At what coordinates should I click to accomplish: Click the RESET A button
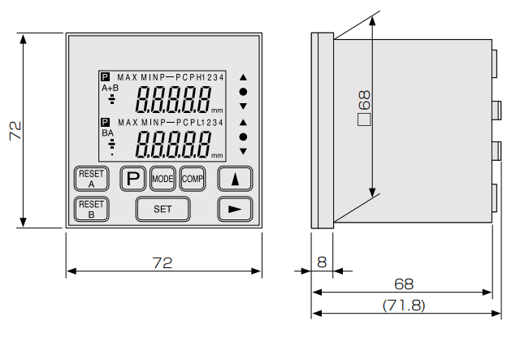coord(91,178)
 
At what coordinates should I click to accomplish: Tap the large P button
coord(133,178)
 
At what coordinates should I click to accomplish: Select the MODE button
coord(162,178)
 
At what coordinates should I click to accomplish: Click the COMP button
coord(193,178)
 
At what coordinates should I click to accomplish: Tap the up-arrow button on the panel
coord(235,179)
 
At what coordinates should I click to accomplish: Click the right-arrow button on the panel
coord(235,209)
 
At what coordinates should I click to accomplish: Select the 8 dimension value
coord(321,262)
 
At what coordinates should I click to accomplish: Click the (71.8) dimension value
coord(404,305)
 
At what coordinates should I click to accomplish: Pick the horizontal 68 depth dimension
coord(404,284)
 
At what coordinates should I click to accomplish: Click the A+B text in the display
coord(110,87)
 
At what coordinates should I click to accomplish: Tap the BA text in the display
coord(107,132)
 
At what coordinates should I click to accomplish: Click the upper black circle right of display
coord(242,93)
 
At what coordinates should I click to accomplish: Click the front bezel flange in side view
coord(322,131)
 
